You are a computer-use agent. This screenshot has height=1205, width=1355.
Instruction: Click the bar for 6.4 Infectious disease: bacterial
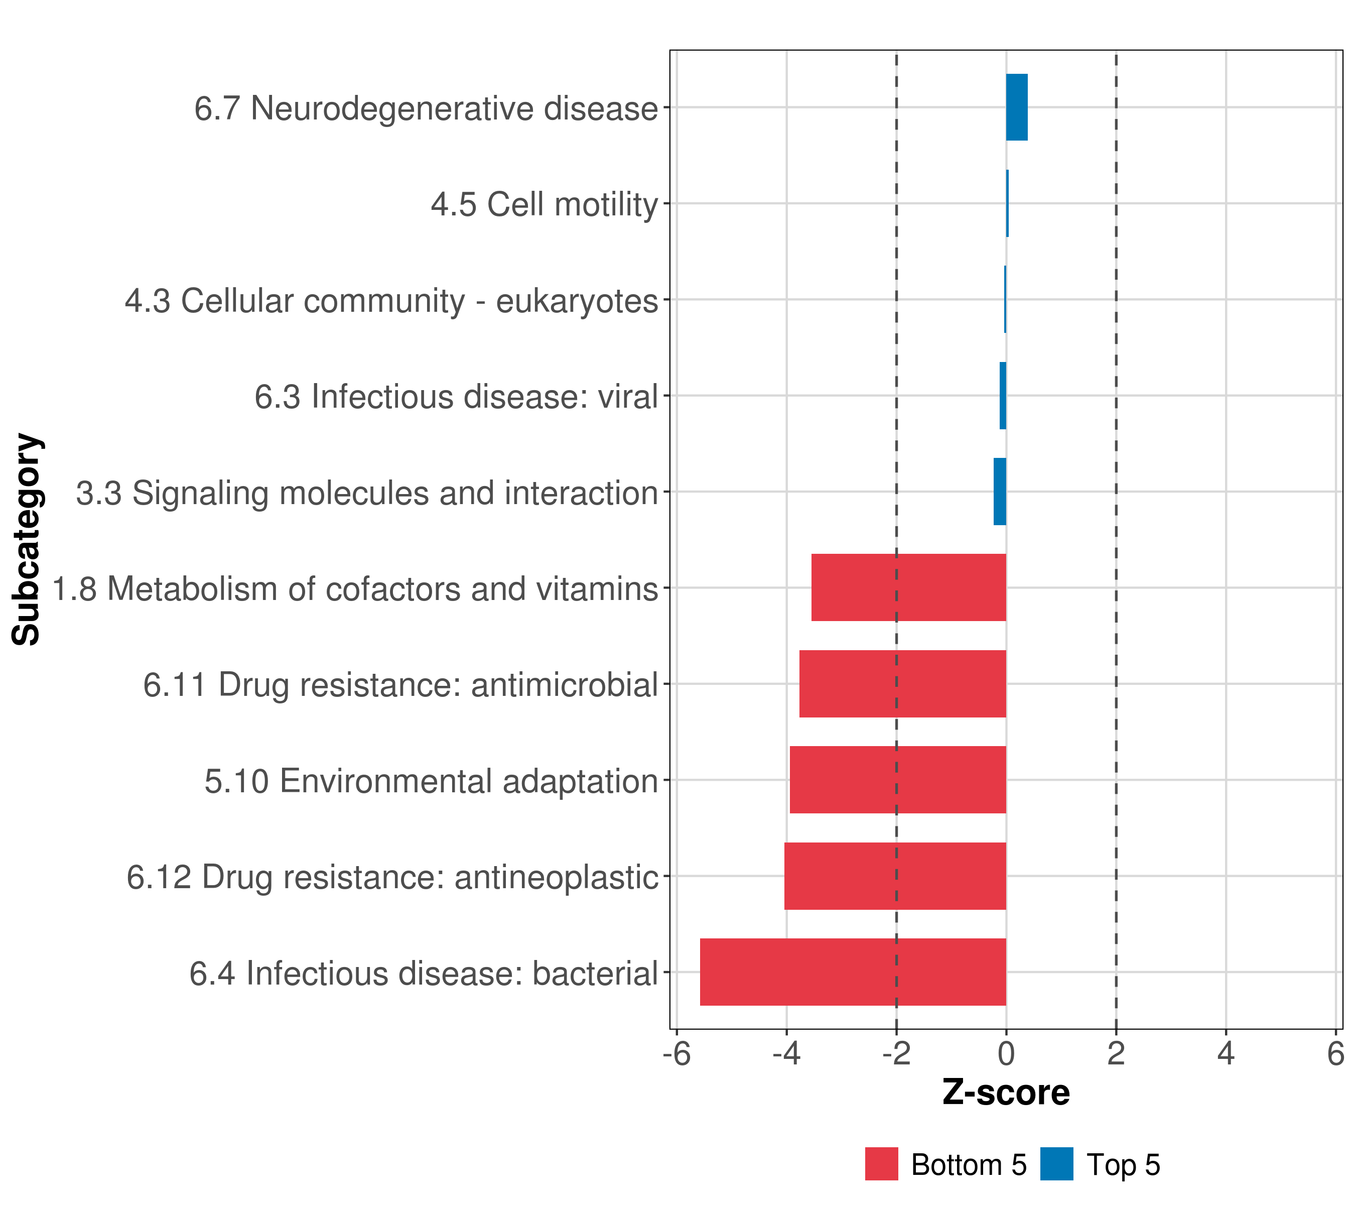[x=853, y=972]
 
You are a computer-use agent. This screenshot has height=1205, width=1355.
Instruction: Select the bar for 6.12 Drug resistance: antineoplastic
[x=895, y=876]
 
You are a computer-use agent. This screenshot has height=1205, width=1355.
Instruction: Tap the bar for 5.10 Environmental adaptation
[x=898, y=779]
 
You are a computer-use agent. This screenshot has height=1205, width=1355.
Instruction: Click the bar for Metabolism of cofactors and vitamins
[x=908, y=587]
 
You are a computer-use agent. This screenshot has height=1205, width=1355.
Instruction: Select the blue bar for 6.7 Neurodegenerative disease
[x=1016, y=107]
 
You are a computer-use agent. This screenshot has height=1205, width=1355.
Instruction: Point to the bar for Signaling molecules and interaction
[x=1000, y=492]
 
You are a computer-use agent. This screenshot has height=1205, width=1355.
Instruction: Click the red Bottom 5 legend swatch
[x=881, y=1164]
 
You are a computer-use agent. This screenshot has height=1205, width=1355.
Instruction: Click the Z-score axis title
[x=1006, y=1092]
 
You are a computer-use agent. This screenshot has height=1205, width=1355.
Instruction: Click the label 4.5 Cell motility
[x=544, y=204]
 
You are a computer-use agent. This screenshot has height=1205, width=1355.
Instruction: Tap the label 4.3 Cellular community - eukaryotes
[x=391, y=300]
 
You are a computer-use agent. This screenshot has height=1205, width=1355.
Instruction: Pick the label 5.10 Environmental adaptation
[x=431, y=781]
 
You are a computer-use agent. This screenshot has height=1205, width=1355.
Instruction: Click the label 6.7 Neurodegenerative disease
[x=426, y=108]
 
